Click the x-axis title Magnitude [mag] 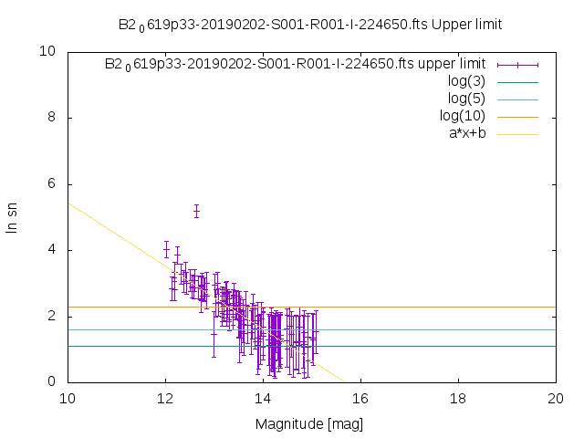[311, 423]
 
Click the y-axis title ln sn [13, 216]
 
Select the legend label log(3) [466, 81]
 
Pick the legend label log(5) [466, 99]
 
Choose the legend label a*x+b [466, 133]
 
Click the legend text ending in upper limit [295, 64]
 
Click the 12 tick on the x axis [165, 398]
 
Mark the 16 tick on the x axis [360, 398]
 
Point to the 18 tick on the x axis [458, 398]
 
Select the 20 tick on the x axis [556, 398]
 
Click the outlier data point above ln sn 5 [196, 212]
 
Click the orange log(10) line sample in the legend [517, 116]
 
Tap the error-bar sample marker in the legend [517, 64]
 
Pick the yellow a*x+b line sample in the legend [517, 133]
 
